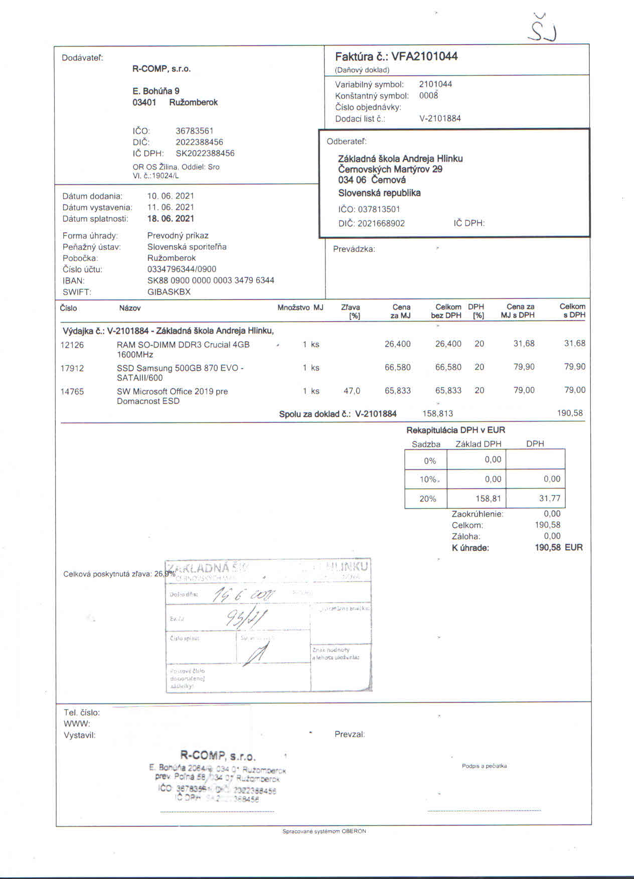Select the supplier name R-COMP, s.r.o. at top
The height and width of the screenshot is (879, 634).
click(x=162, y=69)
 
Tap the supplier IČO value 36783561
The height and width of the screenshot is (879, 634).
click(x=195, y=131)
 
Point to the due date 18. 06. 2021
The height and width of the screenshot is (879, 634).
click(x=171, y=218)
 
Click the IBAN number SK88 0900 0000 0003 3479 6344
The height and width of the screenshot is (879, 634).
click(x=211, y=280)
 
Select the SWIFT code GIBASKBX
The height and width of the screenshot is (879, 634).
click(x=169, y=291)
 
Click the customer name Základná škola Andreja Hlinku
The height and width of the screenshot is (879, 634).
click(x=400, y=159)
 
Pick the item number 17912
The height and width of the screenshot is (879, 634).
click(x=72, y=368)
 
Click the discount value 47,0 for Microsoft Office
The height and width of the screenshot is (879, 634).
click(x=352, y=391)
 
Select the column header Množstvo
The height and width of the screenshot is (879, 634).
click(x=293, y=308)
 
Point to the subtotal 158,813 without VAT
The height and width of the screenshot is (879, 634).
click(x=437, y=413)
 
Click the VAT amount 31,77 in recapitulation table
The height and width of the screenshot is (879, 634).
click(x=550, y=498)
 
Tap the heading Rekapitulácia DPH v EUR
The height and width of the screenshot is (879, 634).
click(x=455, y=430)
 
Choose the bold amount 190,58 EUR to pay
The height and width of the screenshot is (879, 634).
click(x=559, y=547)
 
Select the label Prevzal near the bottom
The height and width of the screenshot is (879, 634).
click(x=349, y=734)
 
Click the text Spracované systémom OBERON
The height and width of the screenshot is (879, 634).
click(x=324, y=831)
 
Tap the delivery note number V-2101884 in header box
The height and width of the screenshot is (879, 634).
click(x=440, y=118)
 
